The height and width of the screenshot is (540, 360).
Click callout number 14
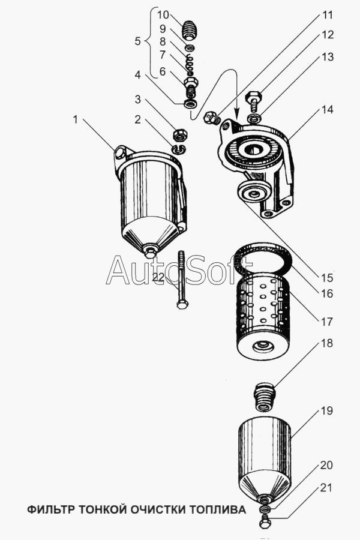(x=328, y=110)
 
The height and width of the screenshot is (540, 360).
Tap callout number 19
(x=327, y=411)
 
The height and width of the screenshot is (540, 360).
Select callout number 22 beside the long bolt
(x=159, y=278)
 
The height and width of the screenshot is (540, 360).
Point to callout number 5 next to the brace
(x=138, y=41)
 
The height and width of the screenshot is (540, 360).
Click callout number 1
(x=76, y=119)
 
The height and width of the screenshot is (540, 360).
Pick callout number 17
(x=327, y=322)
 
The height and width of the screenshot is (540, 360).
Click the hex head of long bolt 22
(x=182, y=304)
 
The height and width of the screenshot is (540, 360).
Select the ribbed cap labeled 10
(x=189, y=31)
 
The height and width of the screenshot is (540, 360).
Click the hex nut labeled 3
(x=179, y=134)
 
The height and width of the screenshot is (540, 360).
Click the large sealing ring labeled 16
(x=263, y=259)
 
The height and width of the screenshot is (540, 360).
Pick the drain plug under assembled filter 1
(x=150, y=253)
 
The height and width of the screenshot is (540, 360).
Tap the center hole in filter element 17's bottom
(x=263, y=345)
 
